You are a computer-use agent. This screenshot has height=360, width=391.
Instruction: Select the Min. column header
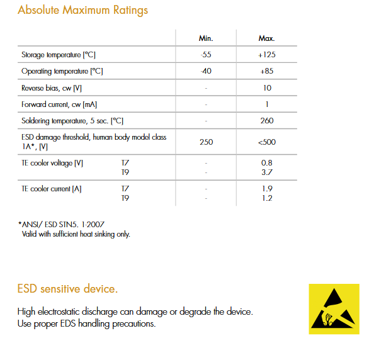tap(206, 38)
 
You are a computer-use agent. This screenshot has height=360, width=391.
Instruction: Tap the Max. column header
tap(266, 38)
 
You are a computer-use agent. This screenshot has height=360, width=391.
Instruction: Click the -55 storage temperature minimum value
tap(206, 55)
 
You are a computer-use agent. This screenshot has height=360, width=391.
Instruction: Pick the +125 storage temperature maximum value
tap(266, 55)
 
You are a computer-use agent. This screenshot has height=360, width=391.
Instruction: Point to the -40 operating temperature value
tap(206, 71)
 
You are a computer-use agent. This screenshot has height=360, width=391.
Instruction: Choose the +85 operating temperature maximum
tap(266, 71)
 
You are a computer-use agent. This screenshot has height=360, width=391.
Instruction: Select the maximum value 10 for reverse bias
tap(267, 88)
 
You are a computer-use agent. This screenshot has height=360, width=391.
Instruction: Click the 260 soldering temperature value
tap(267, 121)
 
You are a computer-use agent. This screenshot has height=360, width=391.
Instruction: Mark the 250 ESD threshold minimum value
tap(206, 142)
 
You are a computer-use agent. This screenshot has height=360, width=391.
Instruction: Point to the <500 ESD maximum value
tap(267, 142)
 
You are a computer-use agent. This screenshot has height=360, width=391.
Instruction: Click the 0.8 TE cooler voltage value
tap(267, 162)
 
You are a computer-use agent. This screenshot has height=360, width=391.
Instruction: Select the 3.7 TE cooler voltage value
tap(267, 171)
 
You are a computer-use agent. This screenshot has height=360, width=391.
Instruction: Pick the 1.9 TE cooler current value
tap(267, 188)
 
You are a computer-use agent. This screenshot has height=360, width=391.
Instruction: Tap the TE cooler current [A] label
tap(52, 188)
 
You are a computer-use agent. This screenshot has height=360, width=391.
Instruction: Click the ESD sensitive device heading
tap(67, 289)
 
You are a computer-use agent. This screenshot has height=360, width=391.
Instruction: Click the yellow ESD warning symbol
tap(334, 309)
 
